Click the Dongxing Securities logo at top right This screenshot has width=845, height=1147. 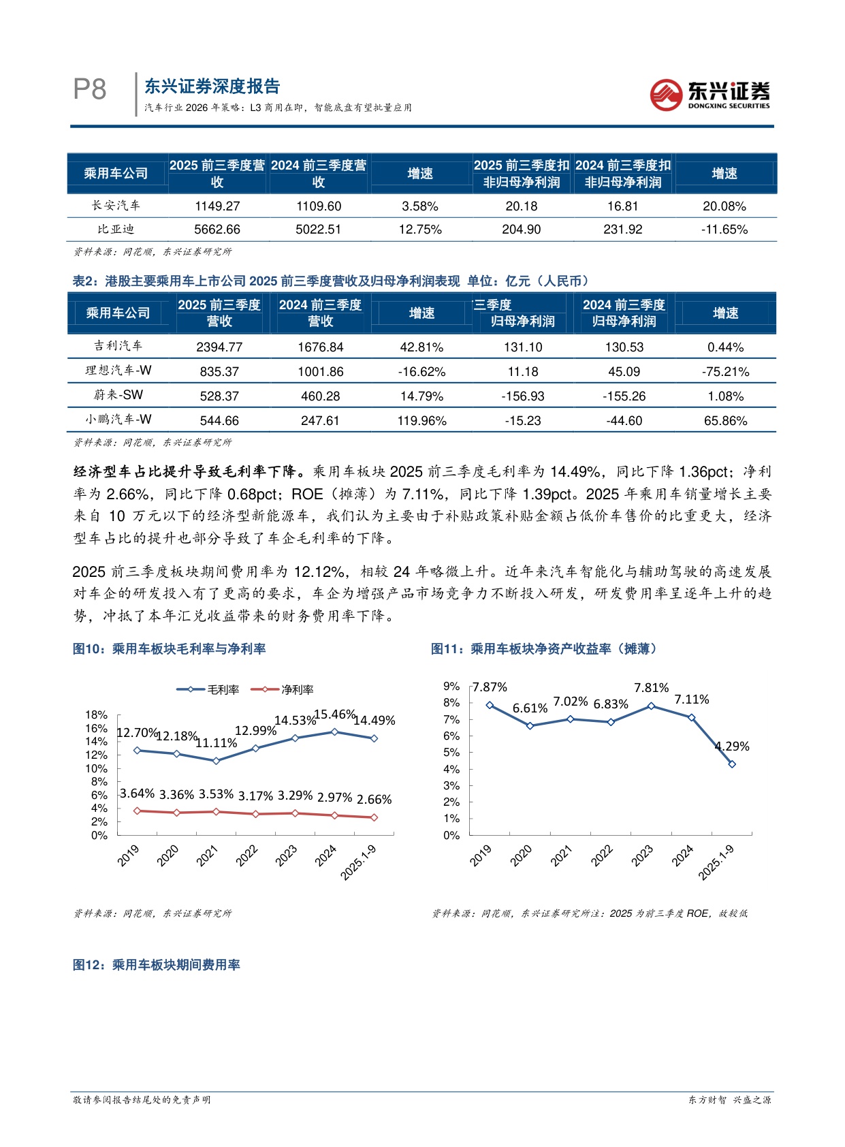pos(710,94)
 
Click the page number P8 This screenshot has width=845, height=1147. pos(90,90)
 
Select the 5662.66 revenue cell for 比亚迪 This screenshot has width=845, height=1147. pos(217,230)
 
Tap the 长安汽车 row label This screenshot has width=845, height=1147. pos(116,205)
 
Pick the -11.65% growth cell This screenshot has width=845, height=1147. pos(724,230)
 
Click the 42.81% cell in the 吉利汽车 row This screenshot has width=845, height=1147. pos(421,347)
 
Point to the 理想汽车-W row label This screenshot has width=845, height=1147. pos(118,371)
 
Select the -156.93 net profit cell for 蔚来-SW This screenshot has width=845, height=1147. pos(522,396)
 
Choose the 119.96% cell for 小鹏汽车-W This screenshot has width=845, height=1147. pos(421,421)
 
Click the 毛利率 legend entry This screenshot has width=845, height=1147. pos(208,690)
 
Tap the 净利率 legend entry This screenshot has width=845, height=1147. pos(283,690)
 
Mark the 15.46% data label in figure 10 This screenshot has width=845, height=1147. pos(335,714)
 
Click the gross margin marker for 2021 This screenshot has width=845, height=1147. pos(217,761)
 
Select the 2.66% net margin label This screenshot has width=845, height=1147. pos(374,800)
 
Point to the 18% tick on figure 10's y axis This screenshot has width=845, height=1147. pos(96,715)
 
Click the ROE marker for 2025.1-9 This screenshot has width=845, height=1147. pos(732,764)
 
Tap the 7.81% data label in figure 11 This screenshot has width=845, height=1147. pos(652,688)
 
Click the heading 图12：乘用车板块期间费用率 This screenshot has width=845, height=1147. pos(157,965)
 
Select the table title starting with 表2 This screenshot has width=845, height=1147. pos(331,281)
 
